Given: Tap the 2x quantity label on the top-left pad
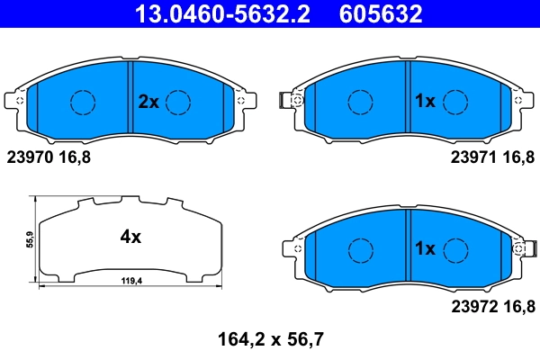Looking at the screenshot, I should [148, 103].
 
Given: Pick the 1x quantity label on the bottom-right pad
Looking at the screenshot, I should [424, 247].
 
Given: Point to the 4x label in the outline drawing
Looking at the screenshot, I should [130, 238].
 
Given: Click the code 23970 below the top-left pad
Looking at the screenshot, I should [30, 156].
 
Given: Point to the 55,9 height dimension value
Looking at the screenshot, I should [31, 240].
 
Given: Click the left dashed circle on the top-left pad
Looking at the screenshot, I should [84, 103].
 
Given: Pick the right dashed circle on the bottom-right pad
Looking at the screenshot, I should [457, 247].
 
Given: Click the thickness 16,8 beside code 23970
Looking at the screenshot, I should [76, 156].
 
